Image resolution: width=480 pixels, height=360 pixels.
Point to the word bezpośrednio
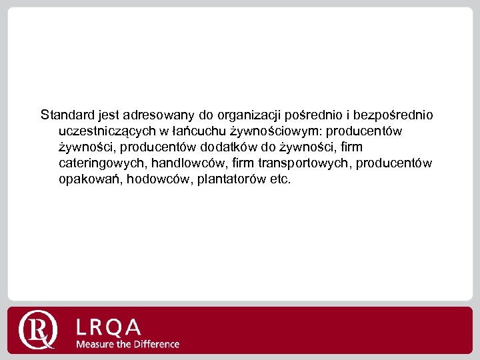tap(397, 115)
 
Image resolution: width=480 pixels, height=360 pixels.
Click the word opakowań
tap(89, 179)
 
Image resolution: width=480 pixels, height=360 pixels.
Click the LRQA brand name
tap(109, 327)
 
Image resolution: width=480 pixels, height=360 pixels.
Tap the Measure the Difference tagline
tap(127, 344)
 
